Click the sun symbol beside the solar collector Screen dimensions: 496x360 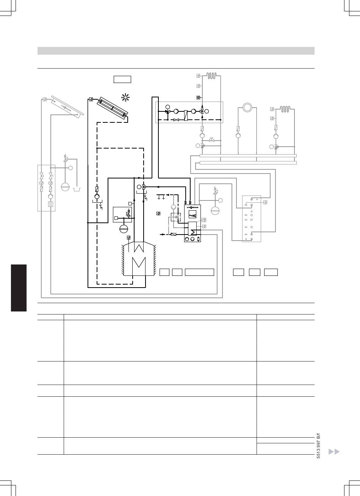pos(125,98)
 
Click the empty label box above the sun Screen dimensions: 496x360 pos(122,79)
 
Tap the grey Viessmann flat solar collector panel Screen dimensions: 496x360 pos(67,106)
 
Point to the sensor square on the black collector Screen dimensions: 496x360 pos(91,100)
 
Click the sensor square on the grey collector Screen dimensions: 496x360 pos(45,100)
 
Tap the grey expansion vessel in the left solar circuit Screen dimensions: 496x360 pos(65,187)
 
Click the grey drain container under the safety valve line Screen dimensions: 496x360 pos(78,189)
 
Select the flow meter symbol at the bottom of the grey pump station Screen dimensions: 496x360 pos(50,204)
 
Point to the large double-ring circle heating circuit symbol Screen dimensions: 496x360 pos(247,108)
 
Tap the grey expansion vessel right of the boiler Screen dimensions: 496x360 pos(215,210)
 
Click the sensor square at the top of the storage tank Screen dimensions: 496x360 pos(129,238)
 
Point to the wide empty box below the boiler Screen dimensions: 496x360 pos(199,272)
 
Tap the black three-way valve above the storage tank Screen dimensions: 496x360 pos(144,187)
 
